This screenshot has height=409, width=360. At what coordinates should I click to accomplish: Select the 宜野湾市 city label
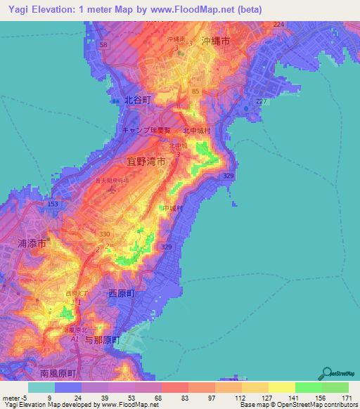(146, 161)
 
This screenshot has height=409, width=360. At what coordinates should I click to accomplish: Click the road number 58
(103, 44)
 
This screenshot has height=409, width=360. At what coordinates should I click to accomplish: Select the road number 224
(278, 25)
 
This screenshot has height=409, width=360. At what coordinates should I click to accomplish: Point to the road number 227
(262, 101)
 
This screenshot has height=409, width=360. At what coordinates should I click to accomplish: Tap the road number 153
(52, 204)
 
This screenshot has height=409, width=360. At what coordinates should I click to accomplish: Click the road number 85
(195, 91)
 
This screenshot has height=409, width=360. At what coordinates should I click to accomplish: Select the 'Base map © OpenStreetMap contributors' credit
(298, 405)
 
